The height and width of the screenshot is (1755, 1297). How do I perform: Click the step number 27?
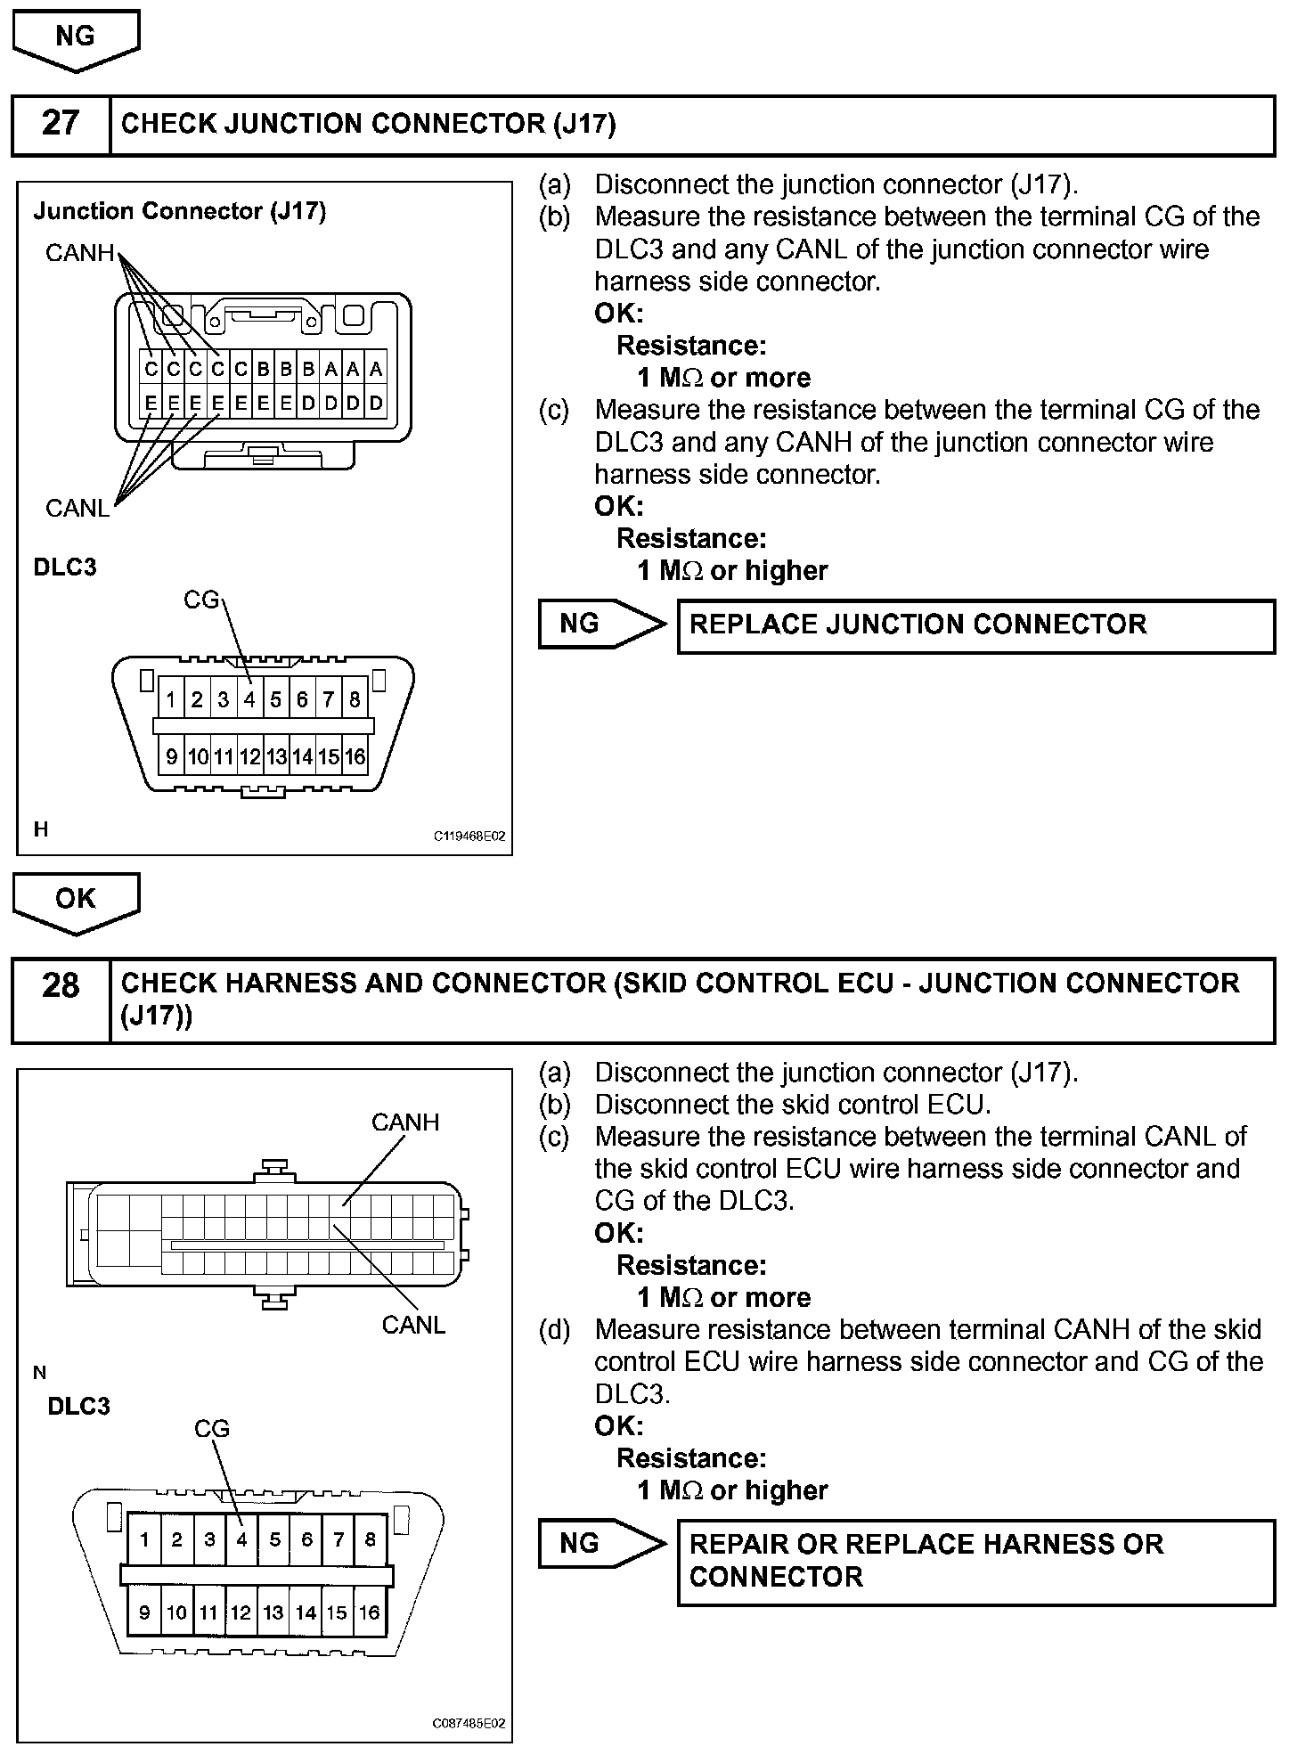tap(61, 124)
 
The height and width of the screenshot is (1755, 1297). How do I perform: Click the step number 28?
tap(61, 985)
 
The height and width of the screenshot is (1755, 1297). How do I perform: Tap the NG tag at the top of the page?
tap(76, 37)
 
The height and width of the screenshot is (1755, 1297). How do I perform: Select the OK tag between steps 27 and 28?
tap(76, 898)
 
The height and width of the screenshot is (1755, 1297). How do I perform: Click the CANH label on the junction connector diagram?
tap(80, 254)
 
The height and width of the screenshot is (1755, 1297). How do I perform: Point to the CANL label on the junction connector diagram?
tap(77, 509)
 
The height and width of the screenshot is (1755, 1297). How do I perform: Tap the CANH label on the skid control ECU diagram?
tap(405, 1122)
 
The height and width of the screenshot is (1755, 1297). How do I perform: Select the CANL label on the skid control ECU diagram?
tap(413, 1325)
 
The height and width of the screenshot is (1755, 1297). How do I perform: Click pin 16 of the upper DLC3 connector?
tap(355, 757)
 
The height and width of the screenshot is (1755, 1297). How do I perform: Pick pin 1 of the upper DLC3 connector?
tap(171, 700)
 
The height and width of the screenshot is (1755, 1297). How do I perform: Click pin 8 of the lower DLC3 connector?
tap(370, 1539)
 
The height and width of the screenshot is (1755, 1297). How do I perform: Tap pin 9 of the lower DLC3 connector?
tap(144, 1612)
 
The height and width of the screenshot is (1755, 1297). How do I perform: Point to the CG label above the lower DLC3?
tap(212, 1429)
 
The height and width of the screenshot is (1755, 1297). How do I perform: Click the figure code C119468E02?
tap(469, 837)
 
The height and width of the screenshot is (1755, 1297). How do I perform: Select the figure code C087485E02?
tap(469, 1724)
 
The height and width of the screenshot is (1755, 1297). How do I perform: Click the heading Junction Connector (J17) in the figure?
tap(180, 212)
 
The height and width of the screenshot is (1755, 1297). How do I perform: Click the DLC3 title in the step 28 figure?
tap(79, 1407)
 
